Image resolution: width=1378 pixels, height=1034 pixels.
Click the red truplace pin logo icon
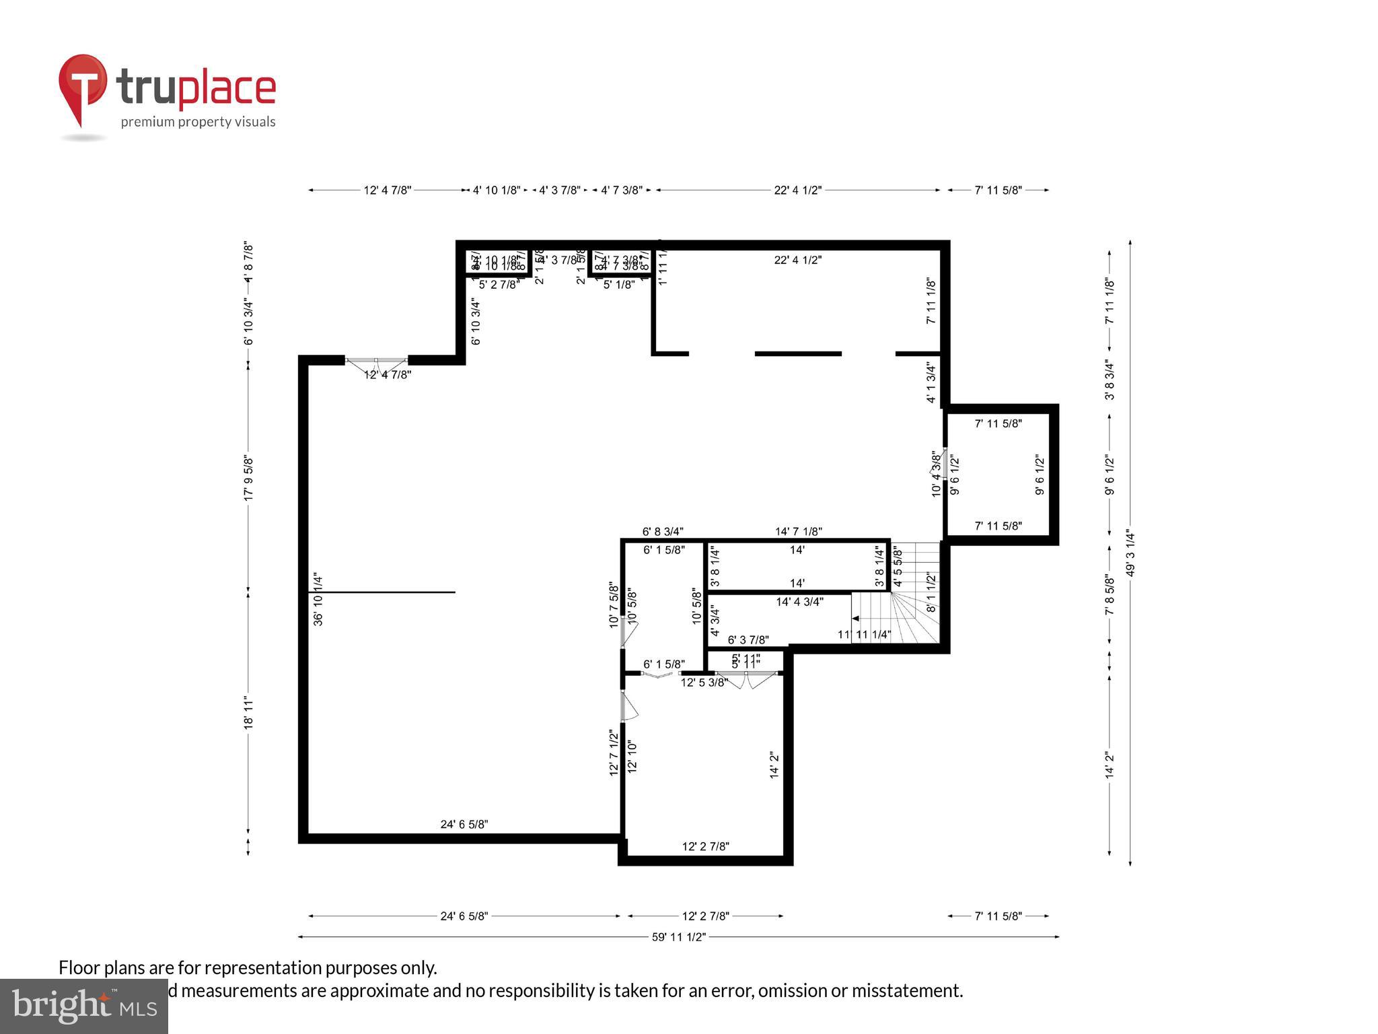tap(82, 86)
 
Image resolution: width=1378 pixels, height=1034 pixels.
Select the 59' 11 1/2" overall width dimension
tap(678, 937)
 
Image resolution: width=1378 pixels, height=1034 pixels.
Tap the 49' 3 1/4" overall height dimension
tap(1130, 553)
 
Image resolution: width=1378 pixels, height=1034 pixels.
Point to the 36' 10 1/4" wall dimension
tap(318, 599)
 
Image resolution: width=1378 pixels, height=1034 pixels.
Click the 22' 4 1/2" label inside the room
tap(797, 261)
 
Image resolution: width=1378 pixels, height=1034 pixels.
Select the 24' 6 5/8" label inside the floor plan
tap(464, 824)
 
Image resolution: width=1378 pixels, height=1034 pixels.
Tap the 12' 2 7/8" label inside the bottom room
tap(705, 846)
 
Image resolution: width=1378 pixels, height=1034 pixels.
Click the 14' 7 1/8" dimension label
tap(798, 531)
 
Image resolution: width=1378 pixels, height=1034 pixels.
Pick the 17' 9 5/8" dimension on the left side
tap(248, 478)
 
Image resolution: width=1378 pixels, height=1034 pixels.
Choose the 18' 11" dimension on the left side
tap(248, 713)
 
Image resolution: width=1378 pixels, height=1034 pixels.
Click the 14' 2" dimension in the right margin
tap(1110, 765)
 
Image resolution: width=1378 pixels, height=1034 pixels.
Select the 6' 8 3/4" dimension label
tap(663, 531)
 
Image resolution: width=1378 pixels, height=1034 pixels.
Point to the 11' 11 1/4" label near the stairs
tap(863, 634)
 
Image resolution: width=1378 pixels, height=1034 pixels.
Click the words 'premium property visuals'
tap(198, 122)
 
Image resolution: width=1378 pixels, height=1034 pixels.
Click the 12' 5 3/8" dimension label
tap(704, 683)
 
